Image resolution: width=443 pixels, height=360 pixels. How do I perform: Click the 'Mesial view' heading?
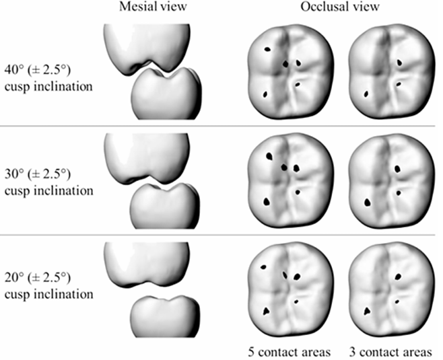click(153, 7)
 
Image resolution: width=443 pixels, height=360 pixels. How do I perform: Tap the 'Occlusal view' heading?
click(340, 7)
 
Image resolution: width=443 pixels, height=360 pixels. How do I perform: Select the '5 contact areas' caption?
click(289, 352)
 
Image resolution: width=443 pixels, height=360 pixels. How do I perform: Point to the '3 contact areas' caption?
click(390, 352)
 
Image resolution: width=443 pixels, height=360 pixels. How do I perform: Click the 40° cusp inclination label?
click(48, 78)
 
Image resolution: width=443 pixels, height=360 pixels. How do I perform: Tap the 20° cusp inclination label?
click(48, 286)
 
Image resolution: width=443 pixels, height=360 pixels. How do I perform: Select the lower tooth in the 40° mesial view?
click(167, 95)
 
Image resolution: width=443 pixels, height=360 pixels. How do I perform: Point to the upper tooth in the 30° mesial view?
click(146, 157)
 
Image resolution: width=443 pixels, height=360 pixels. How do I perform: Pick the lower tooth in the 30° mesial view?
click(165, 206)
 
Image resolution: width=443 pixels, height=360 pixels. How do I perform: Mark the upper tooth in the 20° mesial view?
click(146, 264)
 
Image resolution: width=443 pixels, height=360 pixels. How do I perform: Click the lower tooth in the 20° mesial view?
click(165, 316)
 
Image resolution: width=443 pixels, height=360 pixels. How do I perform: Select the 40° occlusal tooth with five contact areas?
click(290, 71)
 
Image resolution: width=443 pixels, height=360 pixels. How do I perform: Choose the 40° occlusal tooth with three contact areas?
click(392, 71)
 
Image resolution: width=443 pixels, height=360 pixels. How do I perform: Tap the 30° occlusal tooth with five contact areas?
click(290, 180)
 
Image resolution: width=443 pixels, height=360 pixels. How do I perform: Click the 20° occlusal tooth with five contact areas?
click(290, 289)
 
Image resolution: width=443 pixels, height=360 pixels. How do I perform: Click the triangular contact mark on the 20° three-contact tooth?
click(367, 311)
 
